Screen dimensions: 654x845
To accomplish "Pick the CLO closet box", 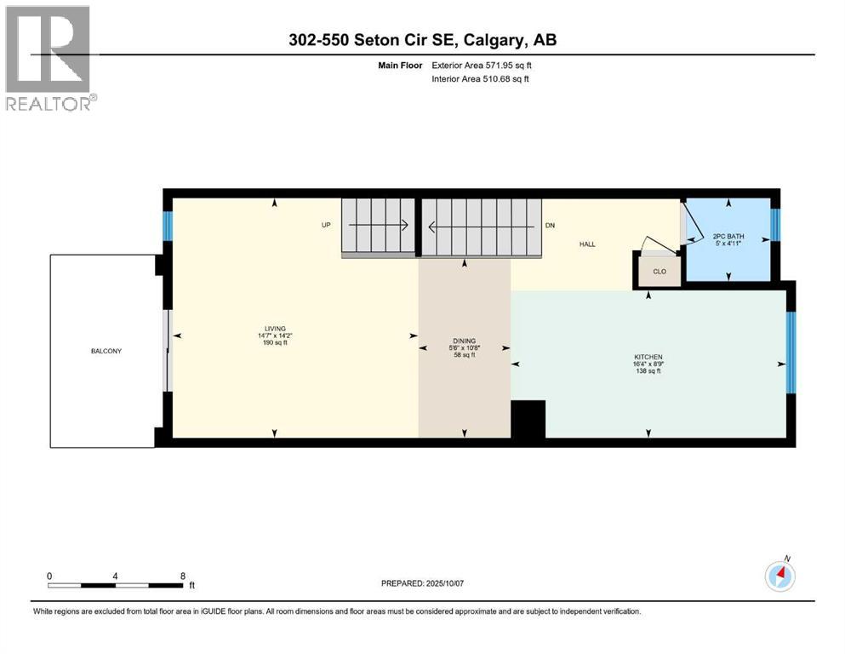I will pyautogui.click(x=659, y=272).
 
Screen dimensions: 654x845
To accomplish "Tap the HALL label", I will pyautogui.click(x=587, y=244).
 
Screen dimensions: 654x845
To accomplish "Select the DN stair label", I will pyautogui.click(x=551, y=227).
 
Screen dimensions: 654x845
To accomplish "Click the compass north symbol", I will pyautogui.click(x=779, y=577).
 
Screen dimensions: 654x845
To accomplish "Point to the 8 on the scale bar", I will pyautogui.click(x=182, y=576).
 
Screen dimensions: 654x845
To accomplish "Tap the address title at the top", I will pyautogui.click(x=422, y=40).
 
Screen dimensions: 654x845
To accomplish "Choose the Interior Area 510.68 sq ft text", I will pyautogui.click(x=481, y=79).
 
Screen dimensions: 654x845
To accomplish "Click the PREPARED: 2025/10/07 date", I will pyautogui.click(x=422, y=583).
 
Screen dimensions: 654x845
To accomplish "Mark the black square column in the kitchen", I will pyautogui.click(x=528, y=419).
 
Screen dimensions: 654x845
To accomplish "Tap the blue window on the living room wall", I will pyautogui.click(x=168, y=227).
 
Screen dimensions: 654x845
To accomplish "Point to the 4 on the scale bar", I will pyautogui.click(x=115, y=576).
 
